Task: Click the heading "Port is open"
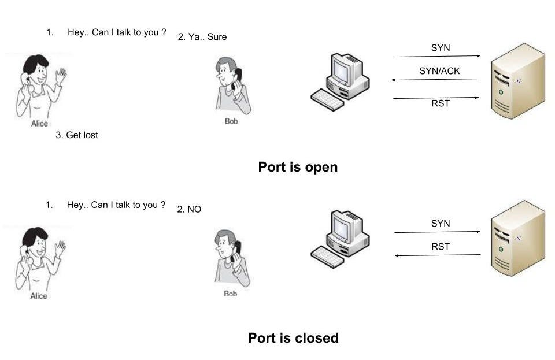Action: point(297,168)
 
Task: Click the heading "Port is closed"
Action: point(293,338)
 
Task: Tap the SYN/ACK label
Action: point(439,71)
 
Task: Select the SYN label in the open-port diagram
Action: point(441,48)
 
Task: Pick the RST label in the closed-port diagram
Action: point(441,247)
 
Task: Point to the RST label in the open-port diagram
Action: point(441,103)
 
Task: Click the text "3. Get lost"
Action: point(77,135)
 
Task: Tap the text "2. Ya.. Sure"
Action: point(202,37)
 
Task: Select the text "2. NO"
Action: point(189,209)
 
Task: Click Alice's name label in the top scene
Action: point(39,124)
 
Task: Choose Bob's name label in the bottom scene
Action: point(230,294)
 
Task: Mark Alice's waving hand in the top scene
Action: point(60,76)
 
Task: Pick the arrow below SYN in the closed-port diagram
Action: point(437,232)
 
